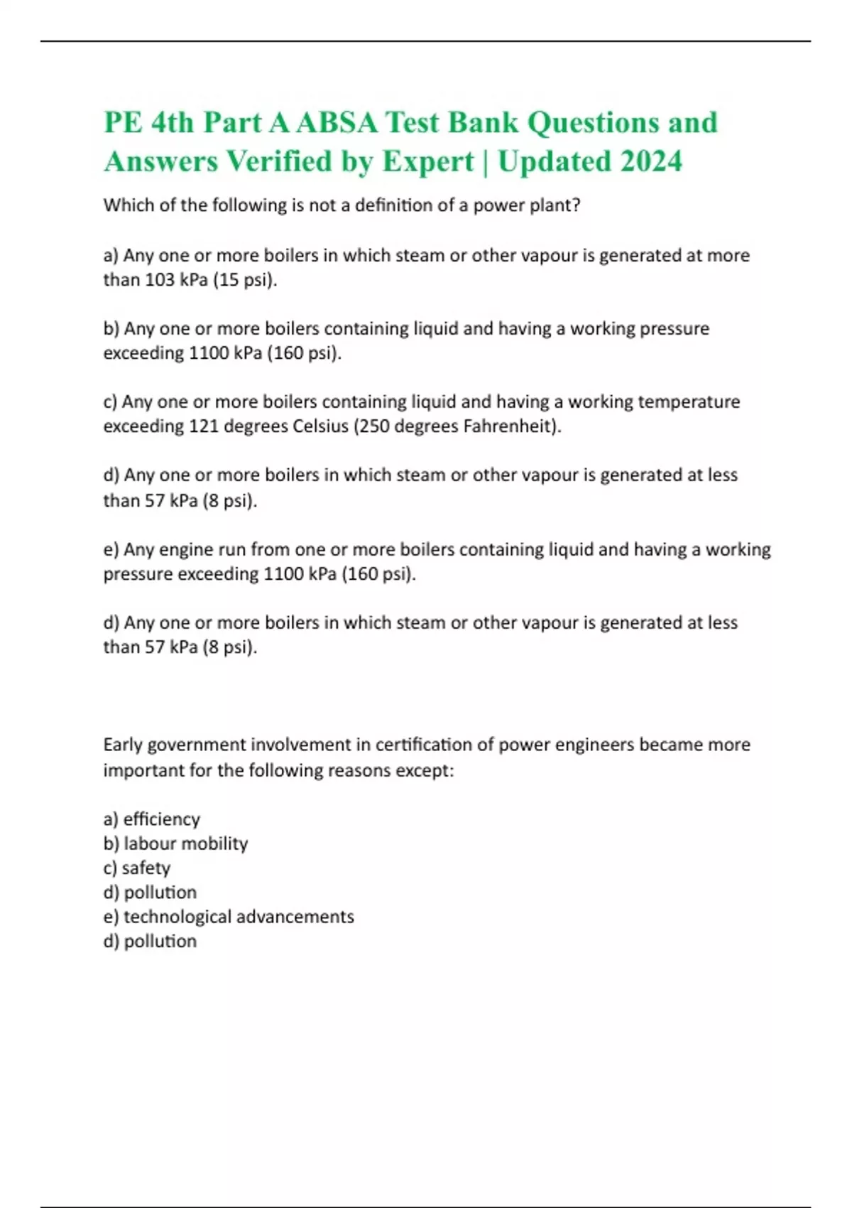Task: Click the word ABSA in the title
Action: coord(337,122)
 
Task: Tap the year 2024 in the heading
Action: coord(650,161)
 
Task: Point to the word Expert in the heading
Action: coord(428,161)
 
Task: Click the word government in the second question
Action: coord(196,745)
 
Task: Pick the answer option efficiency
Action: coord(161,819)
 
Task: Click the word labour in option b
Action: coord(148,843)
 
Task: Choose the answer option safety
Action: coord(146,868)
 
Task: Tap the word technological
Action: coord(177,917)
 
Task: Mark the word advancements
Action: coord(295,917)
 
